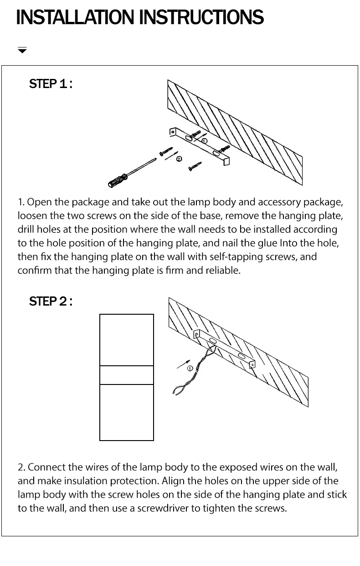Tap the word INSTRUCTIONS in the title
coord(202,17)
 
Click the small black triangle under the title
coord(22,51)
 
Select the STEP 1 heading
coord(51,84)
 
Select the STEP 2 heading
coord(51,301)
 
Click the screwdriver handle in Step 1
coord(118,181)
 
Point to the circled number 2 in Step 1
coord(179,159)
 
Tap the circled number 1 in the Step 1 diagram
coord(204,141)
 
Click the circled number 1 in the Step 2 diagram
coord(190,369)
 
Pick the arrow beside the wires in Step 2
coord(184,364)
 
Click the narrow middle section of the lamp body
coord(127,375)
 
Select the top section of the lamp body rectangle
coord(127,340)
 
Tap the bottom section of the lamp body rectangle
coord(127,412)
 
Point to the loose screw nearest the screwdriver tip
coord(166,151)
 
